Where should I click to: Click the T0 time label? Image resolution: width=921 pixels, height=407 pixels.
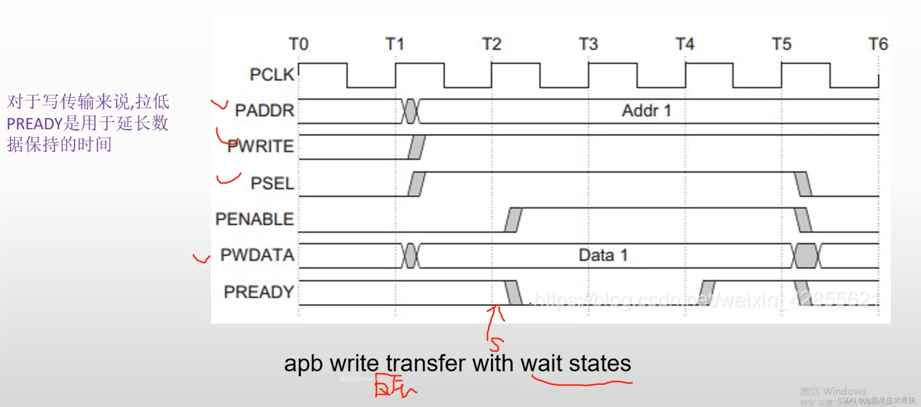(298, 44)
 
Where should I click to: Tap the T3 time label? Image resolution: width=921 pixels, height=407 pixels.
(588, 44)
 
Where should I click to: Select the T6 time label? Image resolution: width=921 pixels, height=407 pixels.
(878, 44)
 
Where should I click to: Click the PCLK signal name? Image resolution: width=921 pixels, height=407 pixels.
(272, 74)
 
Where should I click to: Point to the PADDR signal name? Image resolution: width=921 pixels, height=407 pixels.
(265, 110)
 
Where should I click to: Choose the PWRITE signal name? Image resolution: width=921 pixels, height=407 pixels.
(261, 146)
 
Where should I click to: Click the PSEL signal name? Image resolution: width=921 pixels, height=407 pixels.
(272, 183)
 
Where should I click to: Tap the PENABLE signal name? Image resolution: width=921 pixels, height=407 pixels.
(255, 219)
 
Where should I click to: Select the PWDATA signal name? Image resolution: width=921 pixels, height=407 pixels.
(257, 255)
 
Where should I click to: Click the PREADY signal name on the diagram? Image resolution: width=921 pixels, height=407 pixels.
(259, 292)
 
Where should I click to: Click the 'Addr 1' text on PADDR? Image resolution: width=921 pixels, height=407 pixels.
(646, 110)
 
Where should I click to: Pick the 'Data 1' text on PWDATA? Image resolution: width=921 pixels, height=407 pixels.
(603, 255)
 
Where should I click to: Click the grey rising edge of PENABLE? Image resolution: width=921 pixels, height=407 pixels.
(513, 220)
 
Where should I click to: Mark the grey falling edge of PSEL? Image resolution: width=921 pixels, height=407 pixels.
(803, 184)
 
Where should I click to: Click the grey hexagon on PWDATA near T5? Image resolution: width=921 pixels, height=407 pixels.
(806, 256)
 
